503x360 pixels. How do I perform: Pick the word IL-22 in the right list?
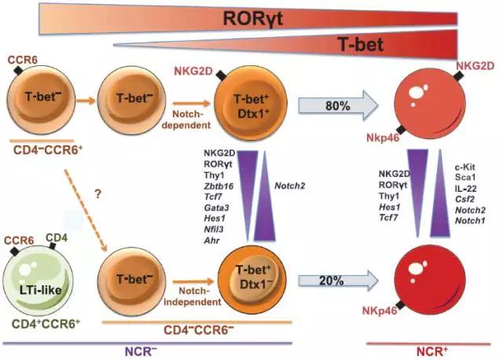coord(467,189)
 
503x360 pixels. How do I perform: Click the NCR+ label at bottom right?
coord(440,350)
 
